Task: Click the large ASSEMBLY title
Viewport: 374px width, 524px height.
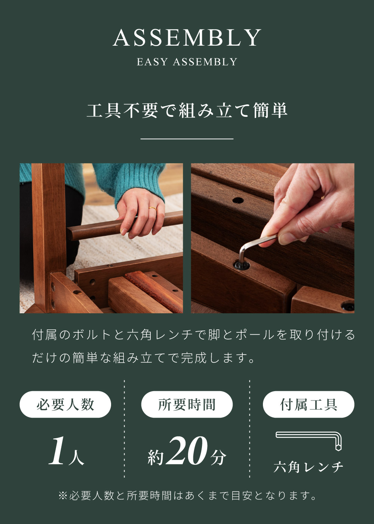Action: pyautogui.click(x=187, y=38)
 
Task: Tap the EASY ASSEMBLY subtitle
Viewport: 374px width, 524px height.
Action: pyautogui.click(x=187, y=62)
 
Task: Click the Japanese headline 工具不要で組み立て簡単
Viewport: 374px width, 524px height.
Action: pyautogui.click(x=187, y=110)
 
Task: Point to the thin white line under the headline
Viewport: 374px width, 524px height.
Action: pyautogui.click(x=187, y=139)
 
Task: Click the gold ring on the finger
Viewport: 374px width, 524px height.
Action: pyautogui.click(x=153, y=208)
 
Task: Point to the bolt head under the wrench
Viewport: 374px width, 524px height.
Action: pyautogui.click(x=242, y=265)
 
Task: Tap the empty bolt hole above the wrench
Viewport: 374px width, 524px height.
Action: pyautogui.click(x=238, y=200)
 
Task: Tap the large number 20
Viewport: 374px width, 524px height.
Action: pyautogui.click(x=187, y=451)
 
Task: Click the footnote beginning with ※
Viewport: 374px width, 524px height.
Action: pyautogui.click(x=187, y=496)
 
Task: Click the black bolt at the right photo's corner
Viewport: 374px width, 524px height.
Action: pyautogui.click(x=348, y=306)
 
